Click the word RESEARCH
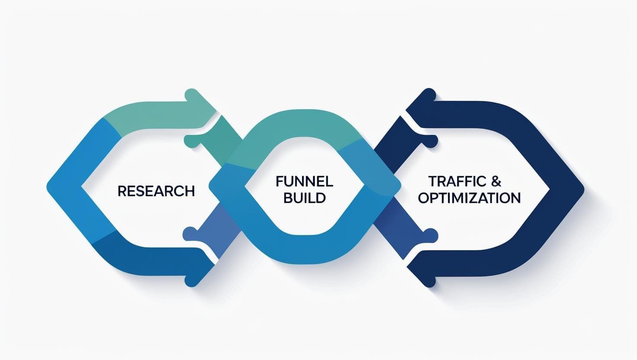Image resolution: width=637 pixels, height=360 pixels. (156, 191)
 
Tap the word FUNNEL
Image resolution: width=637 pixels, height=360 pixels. (304, 181)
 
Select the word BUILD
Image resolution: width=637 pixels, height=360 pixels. (304, 198)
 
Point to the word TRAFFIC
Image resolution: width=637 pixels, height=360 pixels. (457, 181)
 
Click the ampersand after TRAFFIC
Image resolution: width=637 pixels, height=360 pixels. (496, 181)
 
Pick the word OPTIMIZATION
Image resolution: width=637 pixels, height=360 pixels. (469, 198)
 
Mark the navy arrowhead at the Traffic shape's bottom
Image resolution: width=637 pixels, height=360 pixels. (422, 273)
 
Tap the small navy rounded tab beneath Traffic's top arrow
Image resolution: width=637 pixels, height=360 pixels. (430, 141)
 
